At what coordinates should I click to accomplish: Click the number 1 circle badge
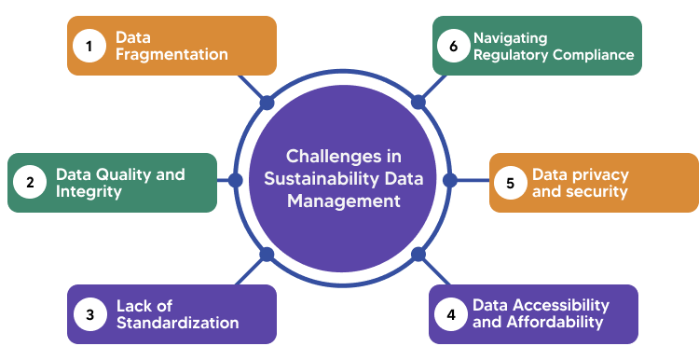89,46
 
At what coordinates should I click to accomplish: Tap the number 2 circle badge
30,183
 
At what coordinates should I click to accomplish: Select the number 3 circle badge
89,315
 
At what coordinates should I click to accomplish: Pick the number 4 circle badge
451,315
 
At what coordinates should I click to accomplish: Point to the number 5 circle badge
510,183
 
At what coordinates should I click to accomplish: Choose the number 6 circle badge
452,46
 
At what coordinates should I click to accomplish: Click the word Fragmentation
171,55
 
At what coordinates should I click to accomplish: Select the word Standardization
177,324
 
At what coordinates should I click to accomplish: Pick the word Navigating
510,38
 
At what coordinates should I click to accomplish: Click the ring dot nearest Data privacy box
449,179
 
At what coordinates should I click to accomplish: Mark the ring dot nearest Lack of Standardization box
267,254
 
